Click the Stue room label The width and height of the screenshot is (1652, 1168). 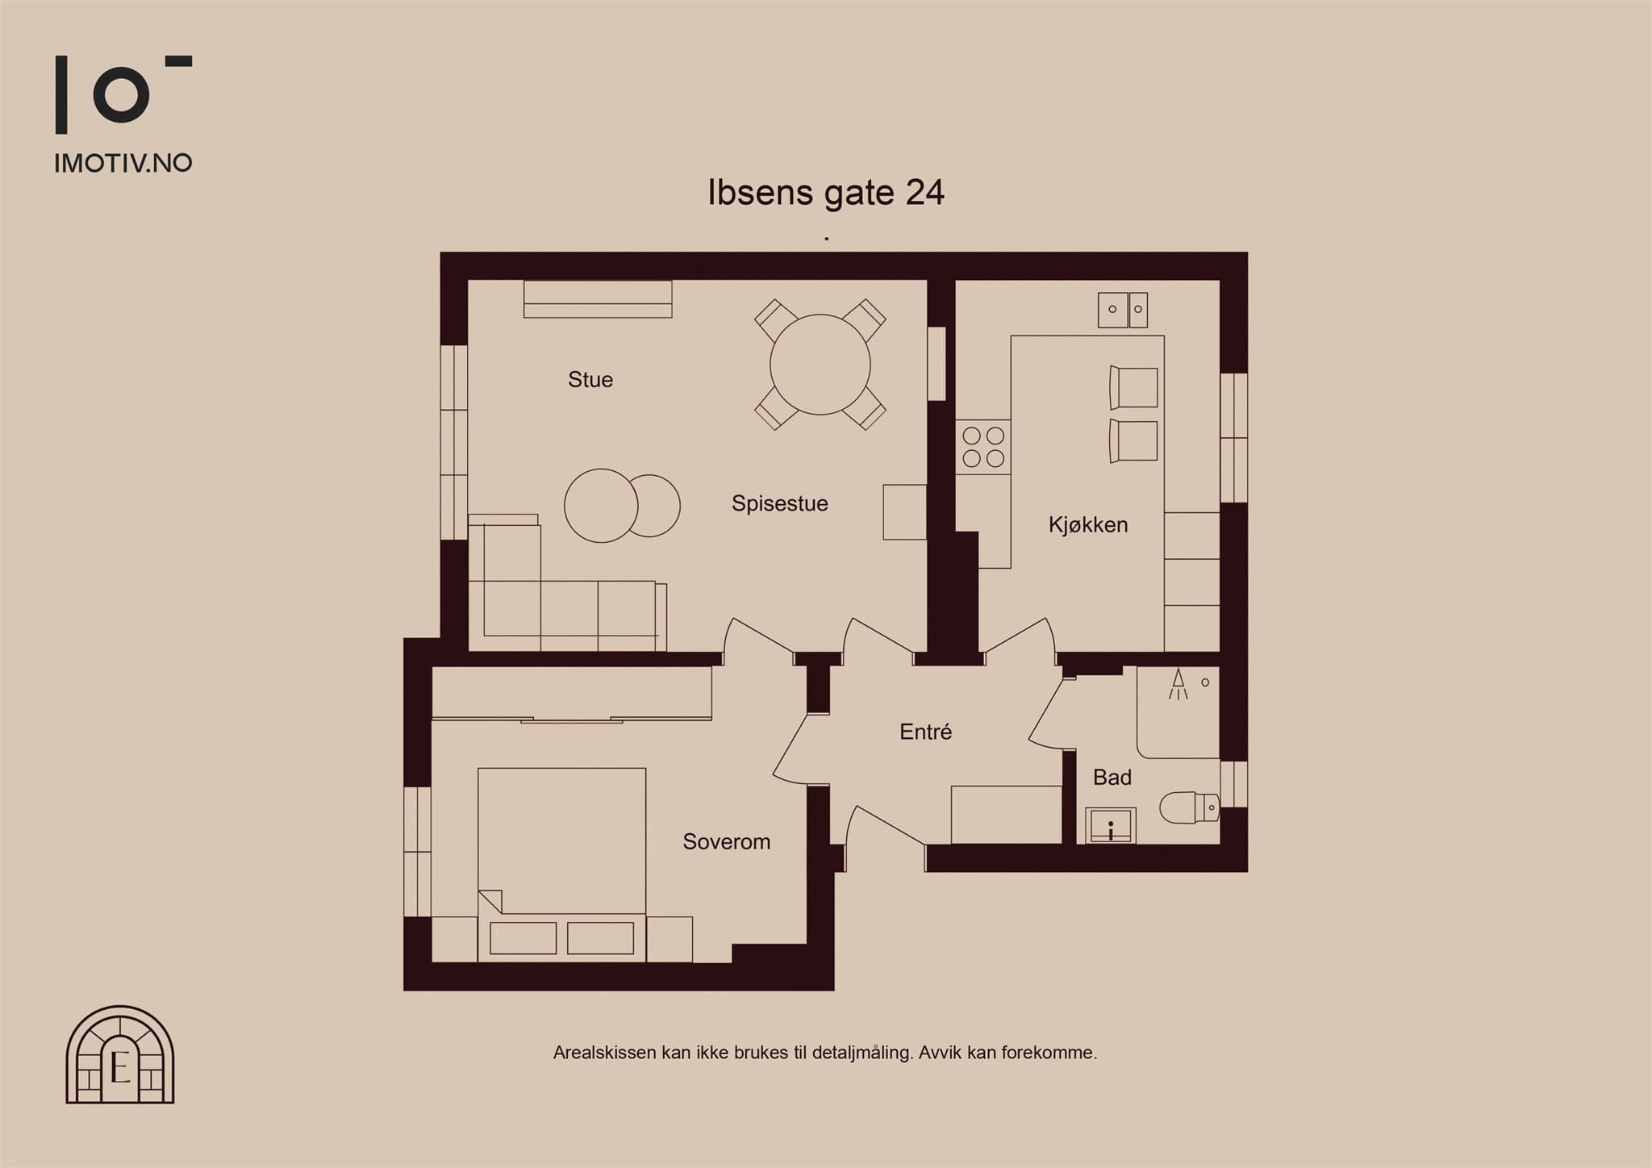(590, 380)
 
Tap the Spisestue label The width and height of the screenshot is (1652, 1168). (780, 504)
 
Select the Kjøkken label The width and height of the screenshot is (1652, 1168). (1088, 525)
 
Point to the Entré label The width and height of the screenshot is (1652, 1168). (926, 732)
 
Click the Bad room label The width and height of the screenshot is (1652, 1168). (1112, 778)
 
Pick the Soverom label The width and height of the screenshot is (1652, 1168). (727, 842)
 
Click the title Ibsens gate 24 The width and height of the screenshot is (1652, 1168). (826, 193)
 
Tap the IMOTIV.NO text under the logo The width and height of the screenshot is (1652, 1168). (123, 163)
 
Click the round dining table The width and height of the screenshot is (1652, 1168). (820, 365)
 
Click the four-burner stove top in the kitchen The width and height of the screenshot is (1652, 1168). (983, 447)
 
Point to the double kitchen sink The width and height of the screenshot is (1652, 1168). (1123, 310)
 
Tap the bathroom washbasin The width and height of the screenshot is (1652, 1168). (1111, 825)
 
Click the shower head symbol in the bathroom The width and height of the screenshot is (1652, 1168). (1179, 683)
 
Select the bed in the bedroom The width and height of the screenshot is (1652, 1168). (562, 865)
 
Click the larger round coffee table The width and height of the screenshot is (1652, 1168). (601, 506)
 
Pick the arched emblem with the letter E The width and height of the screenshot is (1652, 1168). (120, 1054)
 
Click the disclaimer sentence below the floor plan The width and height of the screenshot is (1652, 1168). (825, 1053)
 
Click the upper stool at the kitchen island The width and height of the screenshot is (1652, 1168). (1133, 388)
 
